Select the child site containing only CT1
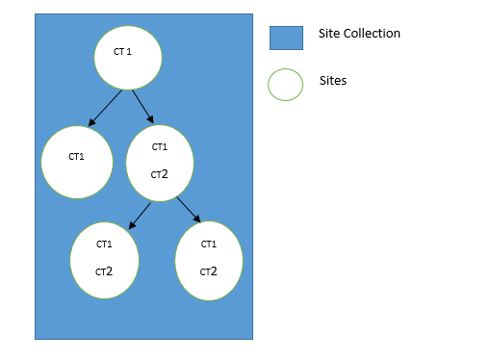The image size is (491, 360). [77, 162]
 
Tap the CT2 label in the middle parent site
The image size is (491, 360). [160, 174]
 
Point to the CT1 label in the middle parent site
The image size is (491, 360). [160, 147]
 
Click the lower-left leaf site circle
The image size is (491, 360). [104, 260]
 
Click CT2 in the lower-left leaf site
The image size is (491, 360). [104, 271]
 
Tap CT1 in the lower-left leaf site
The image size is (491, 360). [104, 244]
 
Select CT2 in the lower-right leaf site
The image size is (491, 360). [208, 271]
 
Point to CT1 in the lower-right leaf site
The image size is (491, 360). [208, 244]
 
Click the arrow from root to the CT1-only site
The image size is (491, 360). [106, 108]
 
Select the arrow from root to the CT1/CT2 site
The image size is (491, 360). [142, 107]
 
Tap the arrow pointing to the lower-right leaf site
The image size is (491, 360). [188, 209]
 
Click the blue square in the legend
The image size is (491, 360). [285, 38]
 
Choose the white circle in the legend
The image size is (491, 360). [285, 84]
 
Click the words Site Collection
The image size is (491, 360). [359, 34]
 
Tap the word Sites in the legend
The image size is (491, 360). [332, 81]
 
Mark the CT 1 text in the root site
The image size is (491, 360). [122, 51]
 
